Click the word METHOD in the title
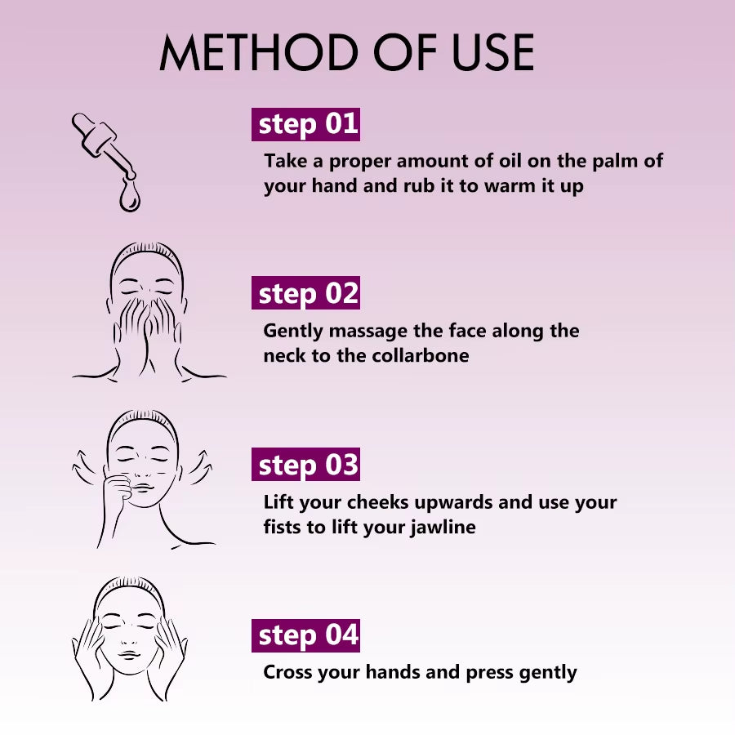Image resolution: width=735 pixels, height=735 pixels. coord(259,52)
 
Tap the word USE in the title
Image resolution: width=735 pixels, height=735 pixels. coord(492,52)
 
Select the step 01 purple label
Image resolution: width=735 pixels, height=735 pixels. coord(305,124)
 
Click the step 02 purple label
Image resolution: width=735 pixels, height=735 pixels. coord(305,293)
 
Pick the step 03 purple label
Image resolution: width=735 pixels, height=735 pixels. coord(305,464)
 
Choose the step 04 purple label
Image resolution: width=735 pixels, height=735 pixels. coord(305,635)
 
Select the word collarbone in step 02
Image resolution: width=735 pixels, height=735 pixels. coord(420,355)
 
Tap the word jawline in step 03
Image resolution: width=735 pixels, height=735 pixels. coord(443,528)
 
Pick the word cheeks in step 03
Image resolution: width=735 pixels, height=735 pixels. coord(378,502)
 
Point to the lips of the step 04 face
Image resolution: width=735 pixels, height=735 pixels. coord(129,654)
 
